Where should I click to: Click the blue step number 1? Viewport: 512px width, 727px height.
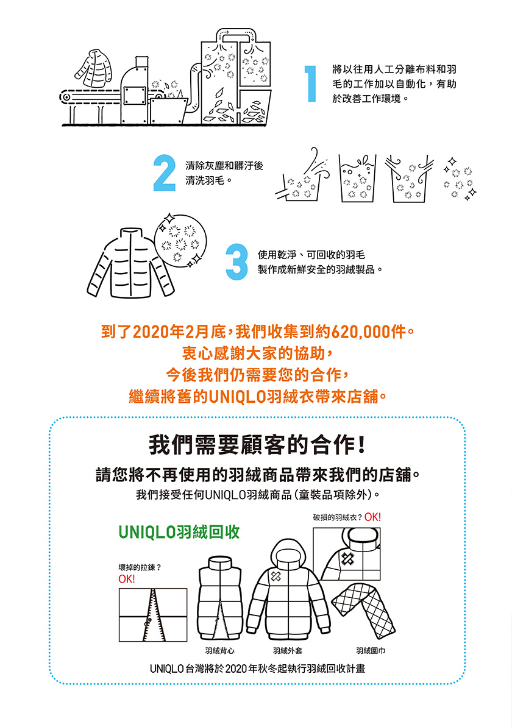point(310,83)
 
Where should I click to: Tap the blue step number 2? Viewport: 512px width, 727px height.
point(165,172)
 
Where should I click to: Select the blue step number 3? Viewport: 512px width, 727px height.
point(236,262)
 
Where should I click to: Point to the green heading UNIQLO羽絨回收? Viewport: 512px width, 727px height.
point(179,532)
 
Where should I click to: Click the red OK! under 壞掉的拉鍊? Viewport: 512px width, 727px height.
point(127,579)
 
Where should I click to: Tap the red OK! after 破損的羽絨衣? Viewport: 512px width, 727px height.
point(372,517)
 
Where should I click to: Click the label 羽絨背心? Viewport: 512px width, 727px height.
point(220,651)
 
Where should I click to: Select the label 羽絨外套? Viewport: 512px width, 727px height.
point(288,651)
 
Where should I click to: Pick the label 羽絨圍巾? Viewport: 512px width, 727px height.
point(371,651)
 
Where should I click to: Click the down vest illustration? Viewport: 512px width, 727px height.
point(220,598)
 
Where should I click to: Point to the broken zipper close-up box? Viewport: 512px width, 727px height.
point(153,615)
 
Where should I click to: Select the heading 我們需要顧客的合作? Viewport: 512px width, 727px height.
point(257,445)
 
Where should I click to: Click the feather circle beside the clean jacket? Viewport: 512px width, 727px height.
point(180,239)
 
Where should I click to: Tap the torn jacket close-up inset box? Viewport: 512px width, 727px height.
point(347,554)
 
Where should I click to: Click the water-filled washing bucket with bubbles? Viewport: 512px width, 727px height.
point(356,179)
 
